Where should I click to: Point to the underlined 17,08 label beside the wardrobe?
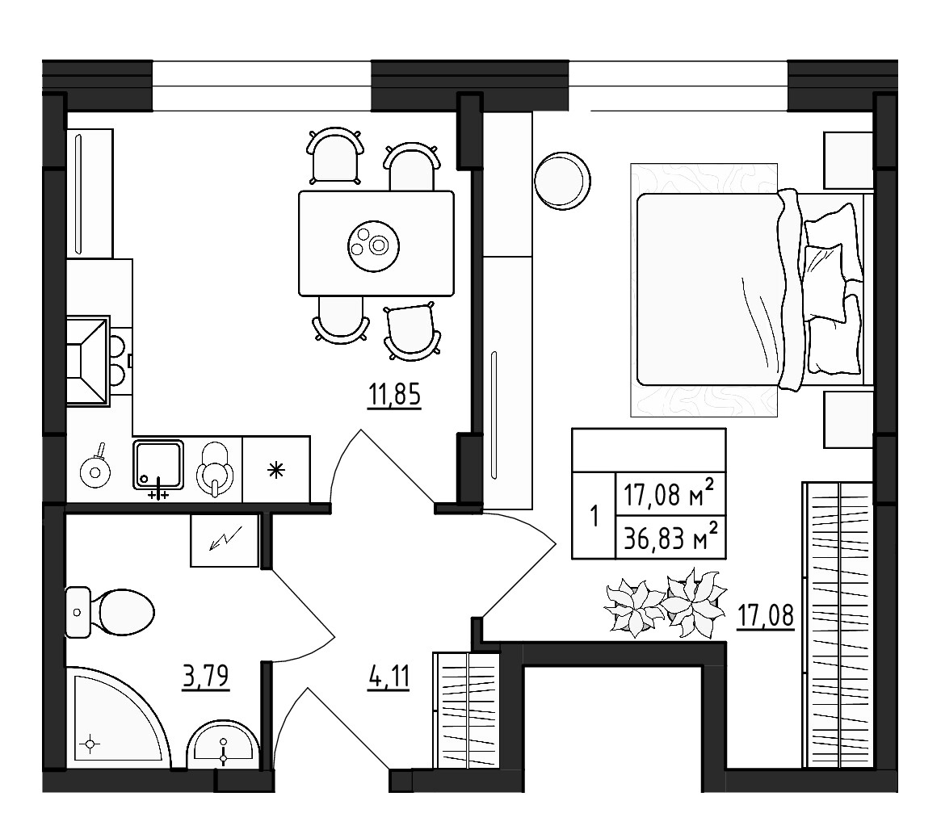(x=766, y=616)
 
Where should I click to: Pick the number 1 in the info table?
(x=594, y=515)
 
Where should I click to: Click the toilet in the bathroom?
(x=117, y=612)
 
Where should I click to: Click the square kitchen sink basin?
(x=158, y=464)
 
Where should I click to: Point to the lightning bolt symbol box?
(x=224, y=540)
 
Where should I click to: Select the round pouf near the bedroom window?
(x=562, y=181)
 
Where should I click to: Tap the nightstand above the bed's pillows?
(x=846, y=161)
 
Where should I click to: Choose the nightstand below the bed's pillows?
(x=846, y=418)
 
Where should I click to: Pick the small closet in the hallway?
(x=468, y=710)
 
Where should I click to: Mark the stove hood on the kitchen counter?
(x=87, y=359)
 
